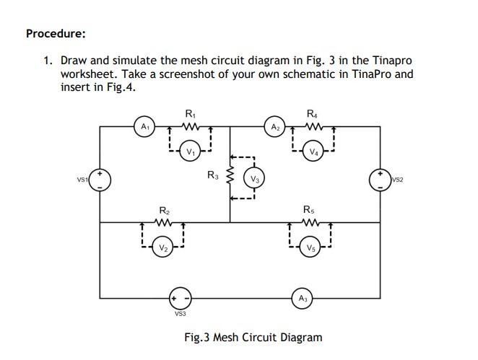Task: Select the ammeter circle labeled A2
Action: coord(275,127)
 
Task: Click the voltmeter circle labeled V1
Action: coord(190,152)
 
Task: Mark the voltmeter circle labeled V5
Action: coord(310,248)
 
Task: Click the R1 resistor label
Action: coord(190,113)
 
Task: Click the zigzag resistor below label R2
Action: coord(164,223)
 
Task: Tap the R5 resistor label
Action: coord(309,209)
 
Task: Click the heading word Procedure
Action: coord(56,33)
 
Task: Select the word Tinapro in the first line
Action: coord(393,61)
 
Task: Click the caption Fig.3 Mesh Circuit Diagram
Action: coord(253,337)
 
